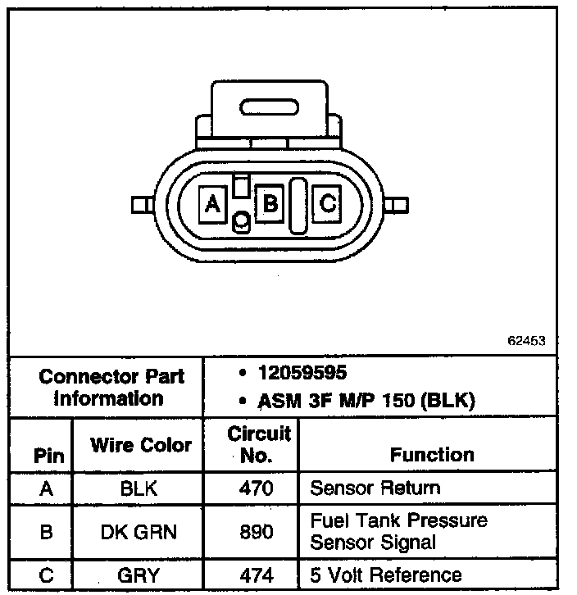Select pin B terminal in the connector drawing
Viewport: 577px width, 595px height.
point(270,202)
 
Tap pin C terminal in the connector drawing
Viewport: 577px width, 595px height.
point(327,202)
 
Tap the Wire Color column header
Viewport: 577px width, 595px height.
point(141,445)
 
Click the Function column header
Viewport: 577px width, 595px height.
point(431,454)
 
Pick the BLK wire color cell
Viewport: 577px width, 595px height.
point(139,488)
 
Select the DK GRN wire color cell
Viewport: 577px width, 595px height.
point(139,531)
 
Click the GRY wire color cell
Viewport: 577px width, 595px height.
point(139,575)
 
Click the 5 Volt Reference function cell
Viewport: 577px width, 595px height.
point(385,575)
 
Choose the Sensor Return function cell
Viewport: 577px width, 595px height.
point(375,488)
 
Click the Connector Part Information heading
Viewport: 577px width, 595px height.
point(112,388)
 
